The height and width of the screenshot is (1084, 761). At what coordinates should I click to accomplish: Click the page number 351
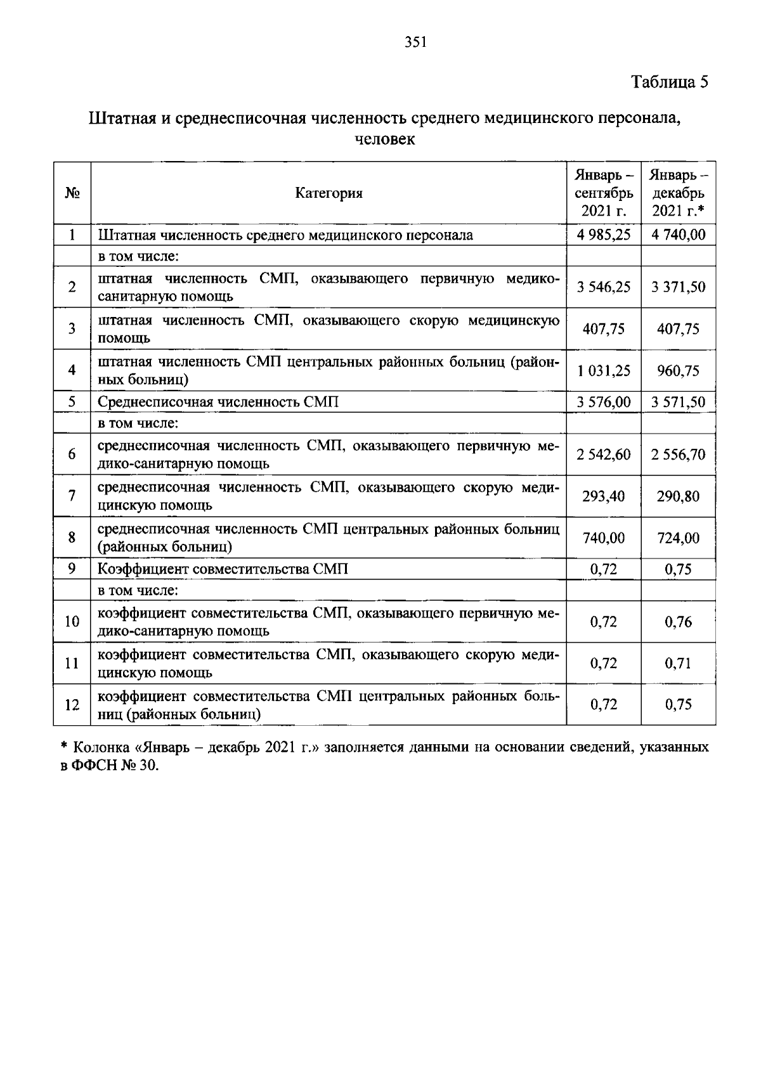416,42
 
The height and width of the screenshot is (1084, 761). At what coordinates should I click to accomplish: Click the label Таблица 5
669,82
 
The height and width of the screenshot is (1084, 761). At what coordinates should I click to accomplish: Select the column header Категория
328,193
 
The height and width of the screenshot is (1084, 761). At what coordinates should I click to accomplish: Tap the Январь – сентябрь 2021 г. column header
604,193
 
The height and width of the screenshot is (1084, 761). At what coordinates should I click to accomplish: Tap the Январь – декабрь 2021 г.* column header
679,193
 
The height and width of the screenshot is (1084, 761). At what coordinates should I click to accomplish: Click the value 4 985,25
604,235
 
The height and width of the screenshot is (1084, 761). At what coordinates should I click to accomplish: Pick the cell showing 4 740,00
679,235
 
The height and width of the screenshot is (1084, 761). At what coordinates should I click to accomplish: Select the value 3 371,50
679,287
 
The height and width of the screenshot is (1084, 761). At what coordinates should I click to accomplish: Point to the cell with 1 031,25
604,371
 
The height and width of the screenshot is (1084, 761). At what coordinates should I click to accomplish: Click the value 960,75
679,371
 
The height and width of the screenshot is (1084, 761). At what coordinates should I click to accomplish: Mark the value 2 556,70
679,455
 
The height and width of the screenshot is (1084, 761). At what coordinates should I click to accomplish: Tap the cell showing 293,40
604,496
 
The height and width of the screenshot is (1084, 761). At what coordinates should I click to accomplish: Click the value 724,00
679,538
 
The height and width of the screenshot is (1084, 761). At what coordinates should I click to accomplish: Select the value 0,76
679,622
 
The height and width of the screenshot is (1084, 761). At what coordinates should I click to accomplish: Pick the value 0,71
679,664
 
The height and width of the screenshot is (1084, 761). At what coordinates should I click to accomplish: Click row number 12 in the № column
72,705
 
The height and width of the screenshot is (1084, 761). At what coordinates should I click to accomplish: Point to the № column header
72,193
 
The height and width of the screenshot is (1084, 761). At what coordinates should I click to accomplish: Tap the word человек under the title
384,139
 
